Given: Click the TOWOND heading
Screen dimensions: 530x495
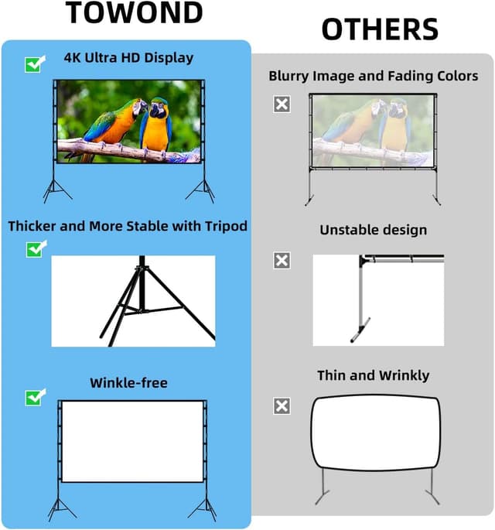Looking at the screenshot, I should [135, 13].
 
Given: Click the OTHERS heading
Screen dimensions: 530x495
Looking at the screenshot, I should [380, 29].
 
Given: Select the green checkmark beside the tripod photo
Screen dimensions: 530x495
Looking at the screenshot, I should [36, 248].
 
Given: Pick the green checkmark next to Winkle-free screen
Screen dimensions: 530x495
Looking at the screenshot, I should [36, 397].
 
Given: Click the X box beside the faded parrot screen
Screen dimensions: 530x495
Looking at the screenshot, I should [282, 104].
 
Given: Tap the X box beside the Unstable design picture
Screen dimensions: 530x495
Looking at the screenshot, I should [282, 261].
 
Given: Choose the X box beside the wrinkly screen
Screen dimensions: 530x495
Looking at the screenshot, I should [282, 406].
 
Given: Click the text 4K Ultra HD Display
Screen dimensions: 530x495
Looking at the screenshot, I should [128, 57].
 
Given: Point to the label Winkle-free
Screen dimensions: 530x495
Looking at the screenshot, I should [128, 383].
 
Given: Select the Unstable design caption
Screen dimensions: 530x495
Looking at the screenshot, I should [373, 230].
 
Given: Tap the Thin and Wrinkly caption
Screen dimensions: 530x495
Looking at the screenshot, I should [373, 375].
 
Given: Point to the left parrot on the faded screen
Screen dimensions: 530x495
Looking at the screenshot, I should [355, 128].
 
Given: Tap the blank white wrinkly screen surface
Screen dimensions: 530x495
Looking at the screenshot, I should [375, 433].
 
